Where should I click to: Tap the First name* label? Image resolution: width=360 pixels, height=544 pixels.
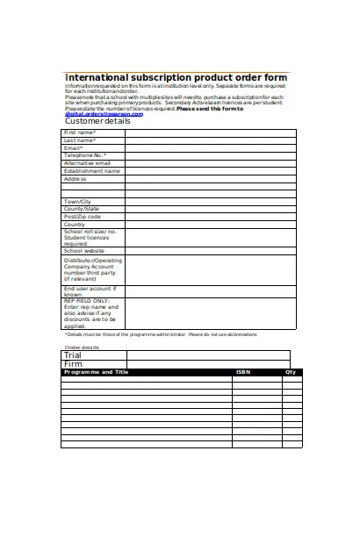(79, 132)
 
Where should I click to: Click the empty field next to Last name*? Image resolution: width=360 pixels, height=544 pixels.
(210, 140)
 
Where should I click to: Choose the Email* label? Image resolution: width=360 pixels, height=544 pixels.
(73, 147)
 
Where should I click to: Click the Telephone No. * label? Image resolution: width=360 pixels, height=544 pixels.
(85, 155)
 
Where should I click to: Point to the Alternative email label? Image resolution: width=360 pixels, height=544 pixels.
(87, 163)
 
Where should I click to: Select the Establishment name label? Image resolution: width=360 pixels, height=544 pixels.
(91, 171)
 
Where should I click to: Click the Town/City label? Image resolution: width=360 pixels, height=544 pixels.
(77, 202)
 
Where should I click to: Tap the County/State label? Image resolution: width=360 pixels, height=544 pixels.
(82, 209)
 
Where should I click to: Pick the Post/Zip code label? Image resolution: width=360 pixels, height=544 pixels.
(83, 217)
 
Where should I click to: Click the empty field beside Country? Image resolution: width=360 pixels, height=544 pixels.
(210, 225)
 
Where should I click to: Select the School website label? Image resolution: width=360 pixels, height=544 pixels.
(84, 251)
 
